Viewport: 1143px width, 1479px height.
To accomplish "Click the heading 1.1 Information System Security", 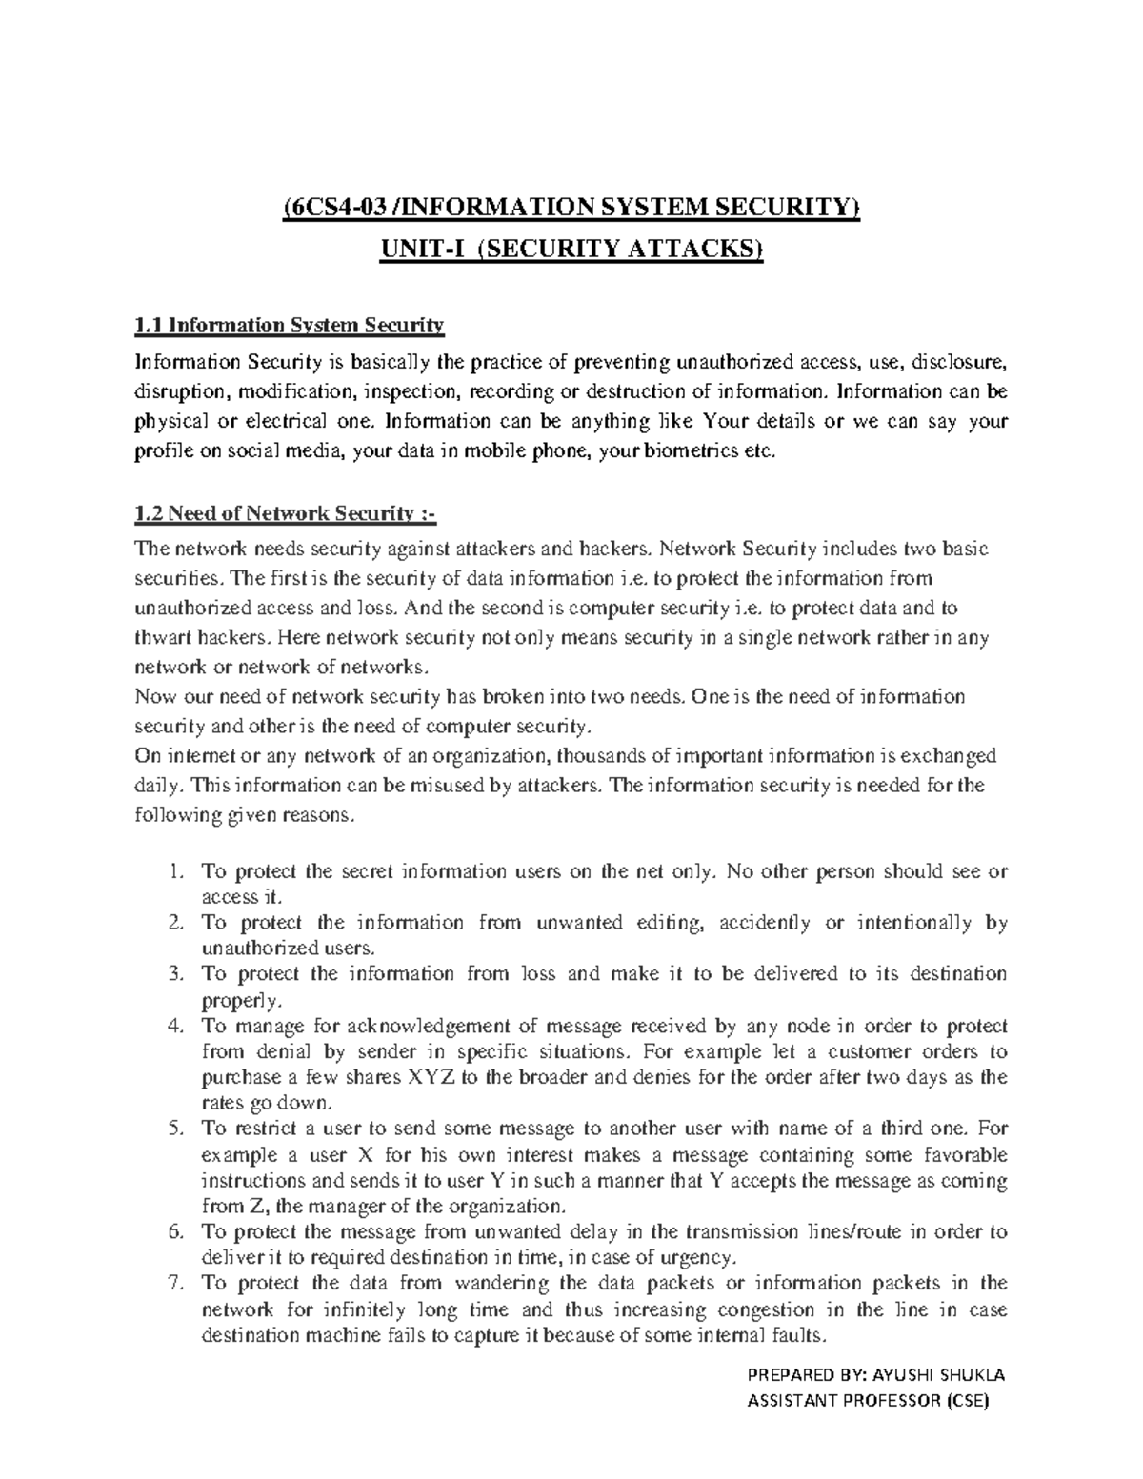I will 290,326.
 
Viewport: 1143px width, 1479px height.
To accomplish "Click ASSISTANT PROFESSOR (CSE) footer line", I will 868,1401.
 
